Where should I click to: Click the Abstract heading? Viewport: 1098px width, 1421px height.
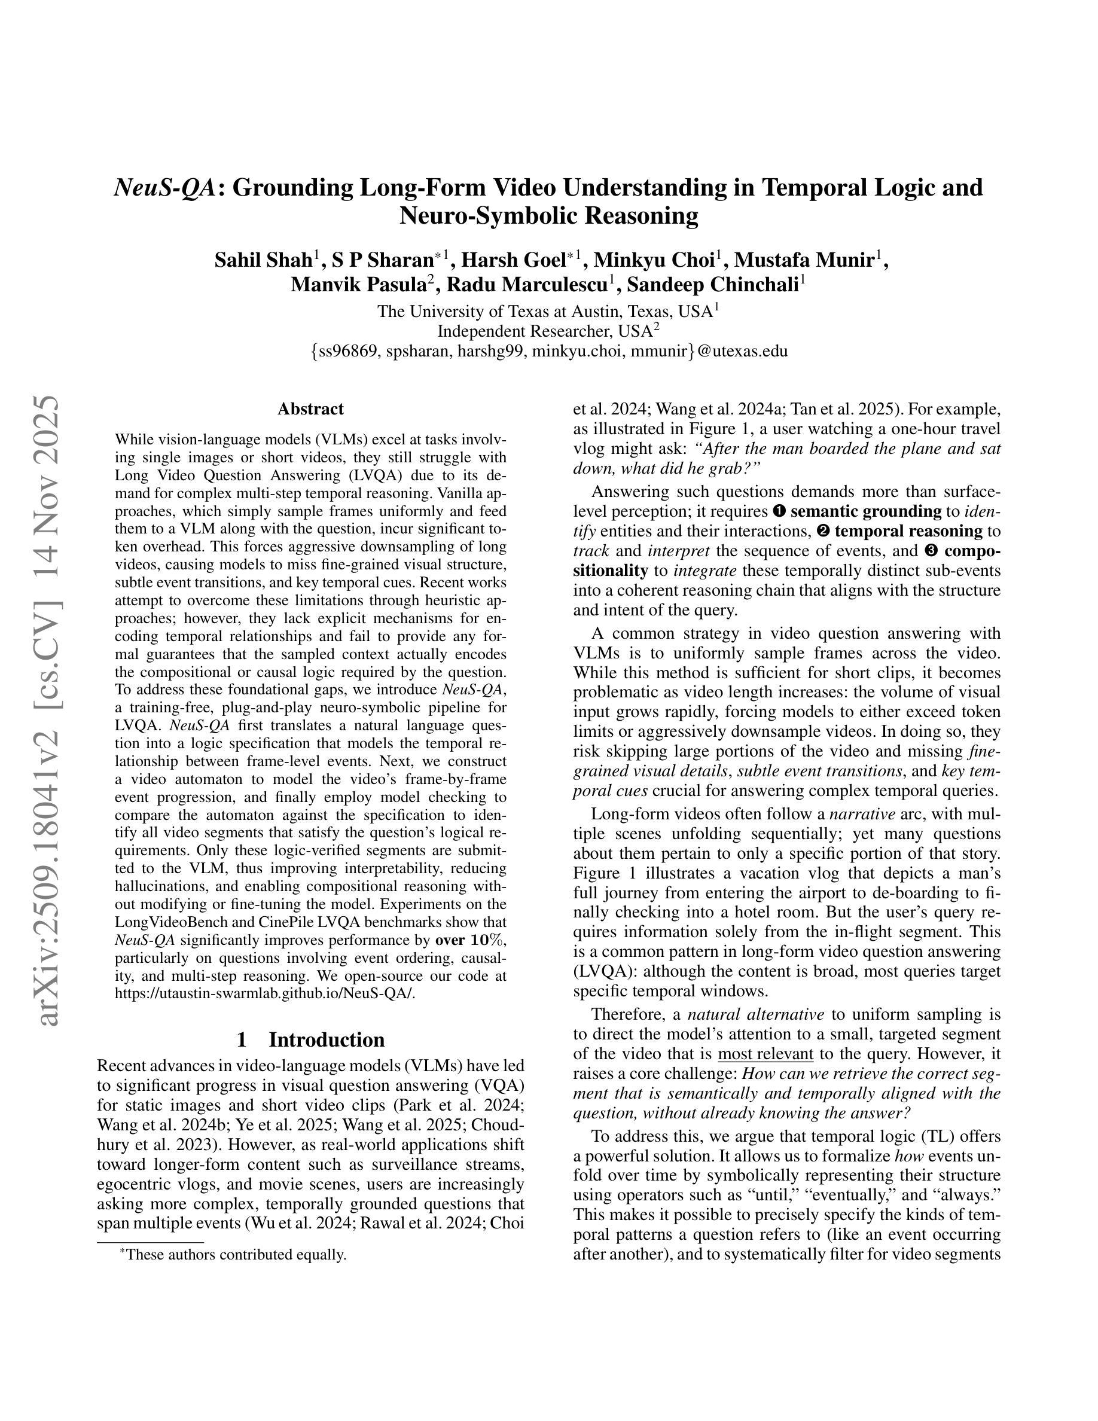310,409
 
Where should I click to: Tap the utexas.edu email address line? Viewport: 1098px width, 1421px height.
549,351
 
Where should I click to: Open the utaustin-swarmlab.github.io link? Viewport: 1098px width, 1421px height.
265,993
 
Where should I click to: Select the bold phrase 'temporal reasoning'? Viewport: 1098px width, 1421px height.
908,532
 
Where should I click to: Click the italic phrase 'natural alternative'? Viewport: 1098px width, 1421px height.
756,1014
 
